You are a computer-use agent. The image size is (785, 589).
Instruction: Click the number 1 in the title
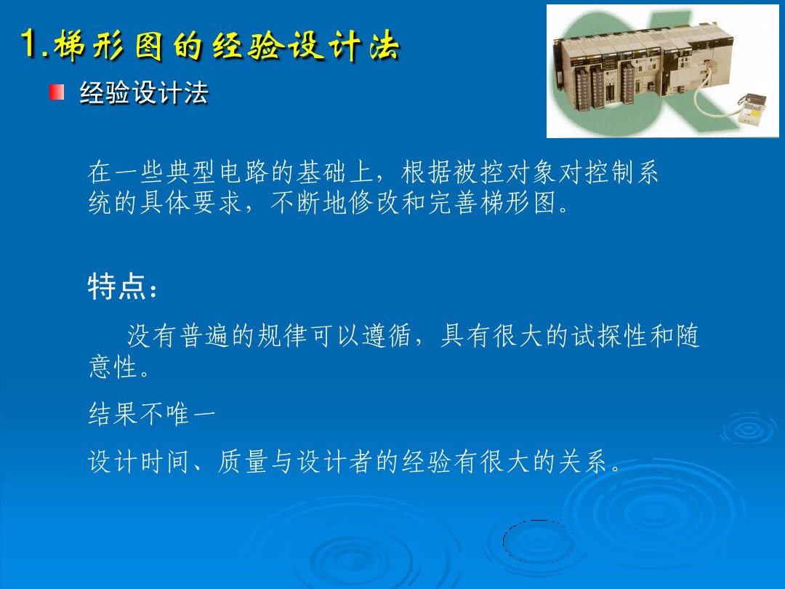pyautogui.click(x=31, y=45)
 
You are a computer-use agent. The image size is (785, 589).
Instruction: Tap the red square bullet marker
pyautogui.click(x=57, y=92)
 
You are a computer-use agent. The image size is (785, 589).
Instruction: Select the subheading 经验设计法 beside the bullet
pyautogui.click(x=144, y=93)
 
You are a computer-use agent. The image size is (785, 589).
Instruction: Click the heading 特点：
pyautogui.click(x=122, y=287)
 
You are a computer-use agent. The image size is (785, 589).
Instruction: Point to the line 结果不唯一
pyautogui.click(x=151, y=415)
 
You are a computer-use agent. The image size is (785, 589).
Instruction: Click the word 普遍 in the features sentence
pyautogui.click(x=204, y=337)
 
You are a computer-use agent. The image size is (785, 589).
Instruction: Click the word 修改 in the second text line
pyautogui.click(x=374, y=204)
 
